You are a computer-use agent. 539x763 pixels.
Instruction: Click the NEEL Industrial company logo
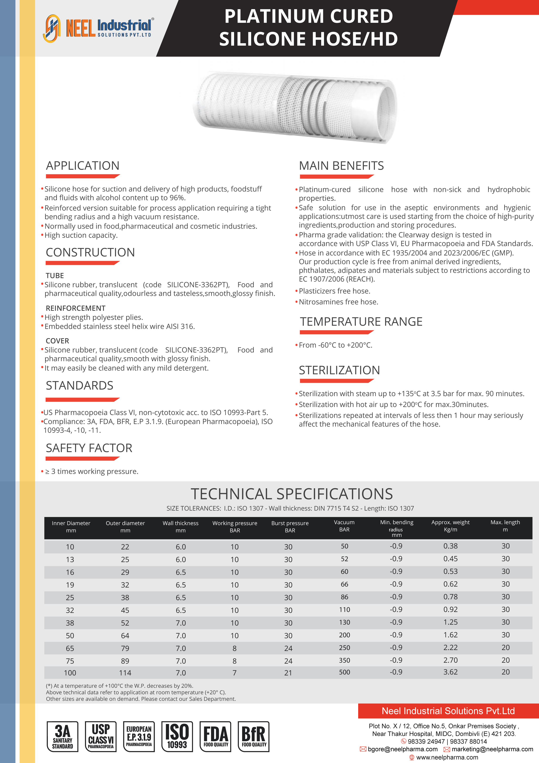click(98, 28)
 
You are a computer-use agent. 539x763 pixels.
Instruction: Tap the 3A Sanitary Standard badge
click(62, 736)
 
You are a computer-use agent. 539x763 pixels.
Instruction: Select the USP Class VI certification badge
click(101, 736)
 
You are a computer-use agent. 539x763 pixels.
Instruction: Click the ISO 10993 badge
click(177, 736)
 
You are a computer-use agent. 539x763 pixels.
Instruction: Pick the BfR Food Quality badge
click(254, 736)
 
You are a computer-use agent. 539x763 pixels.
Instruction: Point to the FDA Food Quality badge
click(216, 736)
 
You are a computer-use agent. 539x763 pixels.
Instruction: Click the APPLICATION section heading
click(83, 166)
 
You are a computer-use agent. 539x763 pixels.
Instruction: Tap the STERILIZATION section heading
click(339, 370)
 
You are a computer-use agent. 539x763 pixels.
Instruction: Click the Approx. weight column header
click(450, 526)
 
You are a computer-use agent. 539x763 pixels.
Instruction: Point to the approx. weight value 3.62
click(450, 672)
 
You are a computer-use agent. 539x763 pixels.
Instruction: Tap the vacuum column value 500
click(344, 672)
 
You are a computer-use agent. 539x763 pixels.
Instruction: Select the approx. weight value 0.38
click(450, 546)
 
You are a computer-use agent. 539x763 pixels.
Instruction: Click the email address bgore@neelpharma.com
click(403, 749)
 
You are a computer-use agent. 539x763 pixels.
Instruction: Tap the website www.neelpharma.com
click(447, 757)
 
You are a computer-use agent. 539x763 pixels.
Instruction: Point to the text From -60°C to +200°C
click(335, 345)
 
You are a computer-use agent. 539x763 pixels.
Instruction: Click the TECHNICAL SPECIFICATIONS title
click(292, 494)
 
